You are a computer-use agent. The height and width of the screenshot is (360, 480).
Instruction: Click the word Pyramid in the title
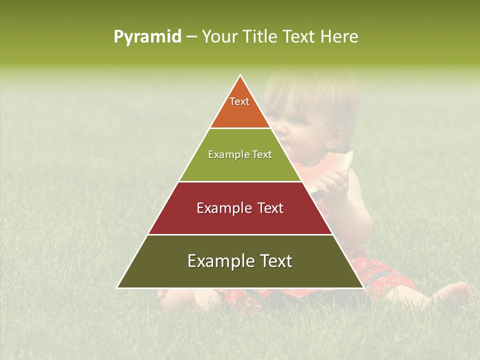[x=147, y=37]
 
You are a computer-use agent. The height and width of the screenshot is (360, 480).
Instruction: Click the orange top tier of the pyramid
[x=240, y=112]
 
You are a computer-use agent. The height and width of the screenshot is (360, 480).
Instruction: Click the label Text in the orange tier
[x=239, y=101]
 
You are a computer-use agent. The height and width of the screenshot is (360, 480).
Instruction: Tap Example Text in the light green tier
[x=240, y=154]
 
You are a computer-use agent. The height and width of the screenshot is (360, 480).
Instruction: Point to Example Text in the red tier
[x=240, y=208]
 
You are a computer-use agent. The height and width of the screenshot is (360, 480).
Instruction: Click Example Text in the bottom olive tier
[x=240, y=261]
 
